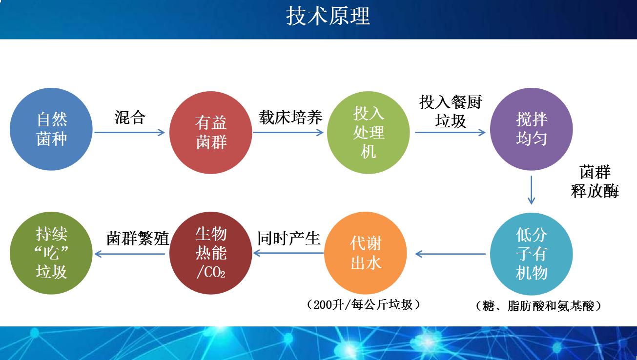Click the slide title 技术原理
click(x=328, y=16)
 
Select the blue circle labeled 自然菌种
click(x=51, y=129)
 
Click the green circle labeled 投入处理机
click(x=369, y=132)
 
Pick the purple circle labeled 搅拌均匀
click(x=531, y=129)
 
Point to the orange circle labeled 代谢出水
click(x=365, y=254)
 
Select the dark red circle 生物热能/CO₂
click(x=211, y=254)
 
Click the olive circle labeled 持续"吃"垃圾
click(x=51, y=254)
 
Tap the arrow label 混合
click(x=130, y=118)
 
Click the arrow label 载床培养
click(x=290, y=118)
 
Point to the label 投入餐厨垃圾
click(x=450, y=111)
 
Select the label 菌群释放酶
click(x=595, y=181)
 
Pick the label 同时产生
click(x=288, y=238)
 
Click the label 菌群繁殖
click(x=138, y=239)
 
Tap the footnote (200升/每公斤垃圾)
click(x=364, y=305)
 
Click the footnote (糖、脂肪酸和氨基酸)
click(x=537, y=306)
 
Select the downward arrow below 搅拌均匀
click(x=532, y=191)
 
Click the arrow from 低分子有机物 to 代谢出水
click(x=450, y=254)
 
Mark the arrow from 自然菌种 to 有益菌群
click(x=130, y=132)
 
